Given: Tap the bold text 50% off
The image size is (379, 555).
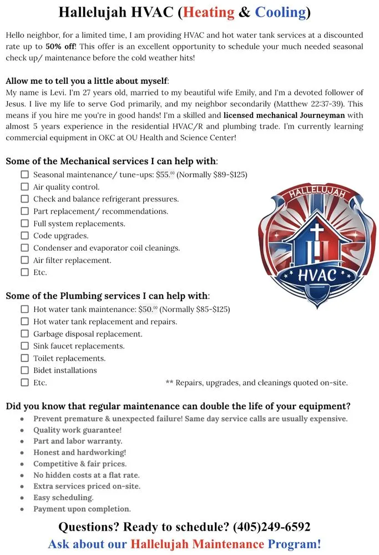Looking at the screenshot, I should pos(60,46).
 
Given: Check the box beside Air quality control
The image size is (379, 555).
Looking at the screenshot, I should pos(24,187).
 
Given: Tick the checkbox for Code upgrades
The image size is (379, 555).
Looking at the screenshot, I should pos(24,236).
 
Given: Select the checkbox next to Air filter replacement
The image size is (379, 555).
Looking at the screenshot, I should pos(24,260).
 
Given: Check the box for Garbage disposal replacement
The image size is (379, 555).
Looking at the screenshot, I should pos(24,334).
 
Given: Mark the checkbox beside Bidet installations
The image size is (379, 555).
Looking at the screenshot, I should pos(24,370).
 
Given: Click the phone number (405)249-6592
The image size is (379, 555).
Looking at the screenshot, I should pos(271,527).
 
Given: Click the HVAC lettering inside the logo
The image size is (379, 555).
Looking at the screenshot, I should pos(317,274).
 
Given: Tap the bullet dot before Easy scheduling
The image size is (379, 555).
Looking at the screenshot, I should pos(22,498).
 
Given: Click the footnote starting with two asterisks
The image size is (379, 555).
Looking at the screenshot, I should pos(256,382).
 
